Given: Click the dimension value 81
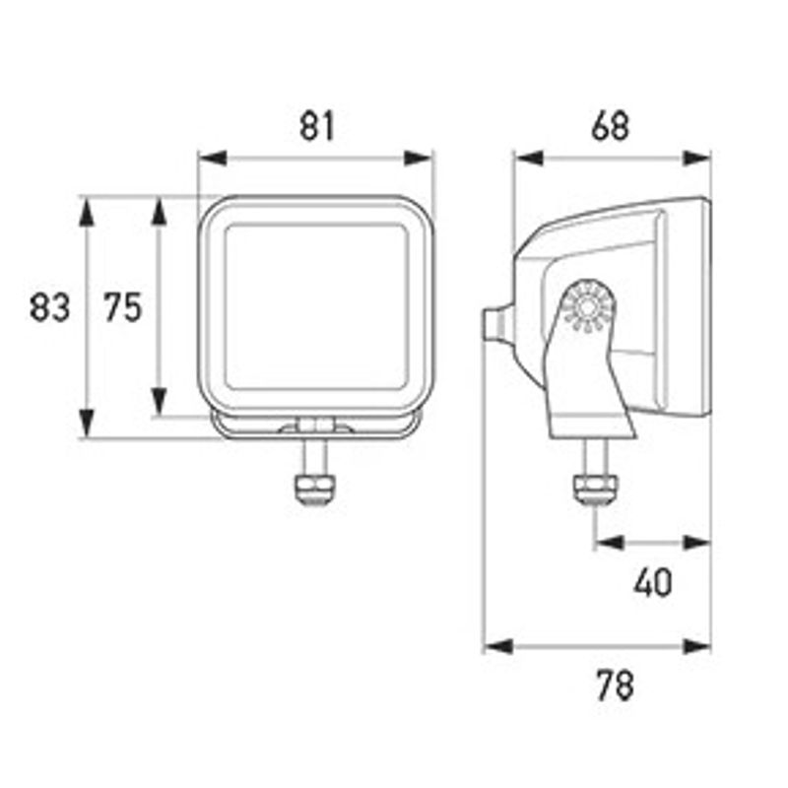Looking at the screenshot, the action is point(316,126).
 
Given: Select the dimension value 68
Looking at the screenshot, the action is point(610,126).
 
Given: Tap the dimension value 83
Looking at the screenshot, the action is point(49,307).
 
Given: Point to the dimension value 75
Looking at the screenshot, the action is point(123,307).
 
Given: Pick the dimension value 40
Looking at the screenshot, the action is point(652,583).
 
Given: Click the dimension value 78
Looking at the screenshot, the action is point(615,686).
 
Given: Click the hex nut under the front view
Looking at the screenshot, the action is point(315,489).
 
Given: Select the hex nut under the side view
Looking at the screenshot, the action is point(596,489).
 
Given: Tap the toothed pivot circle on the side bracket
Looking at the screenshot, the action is point(586,306).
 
